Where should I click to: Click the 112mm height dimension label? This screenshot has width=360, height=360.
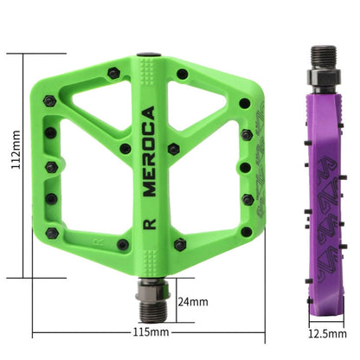[x=13, y=165]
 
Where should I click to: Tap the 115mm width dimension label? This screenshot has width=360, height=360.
[x=151, y=331]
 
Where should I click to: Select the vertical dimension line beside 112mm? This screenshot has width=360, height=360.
[x=35, y=164]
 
